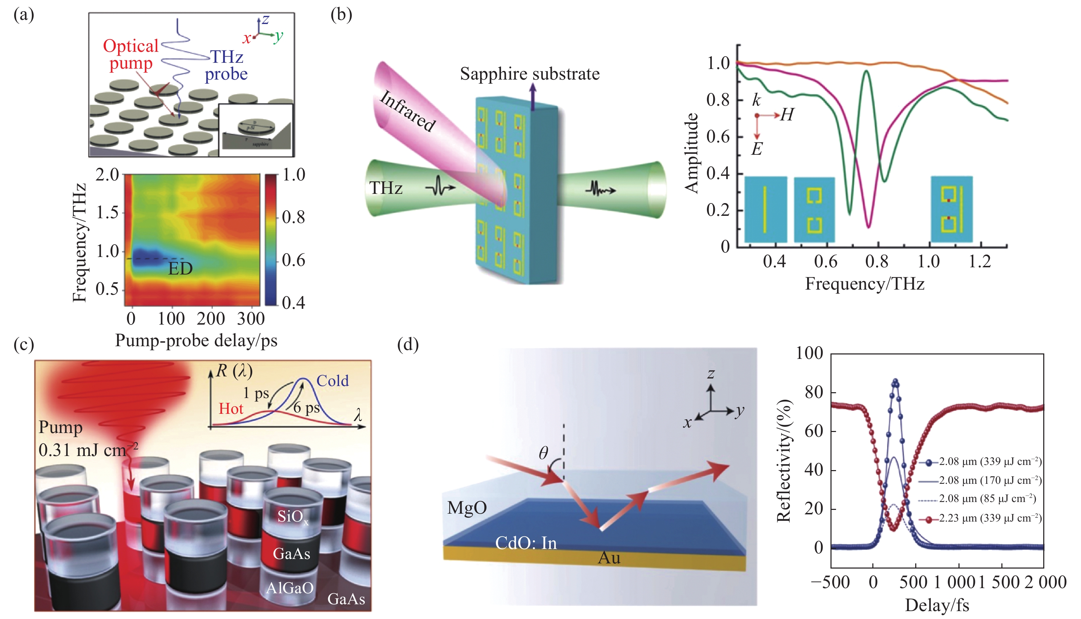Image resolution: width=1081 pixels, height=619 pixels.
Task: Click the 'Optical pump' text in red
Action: coord(130,55)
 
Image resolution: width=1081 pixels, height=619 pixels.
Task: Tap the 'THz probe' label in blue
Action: coord(226,65)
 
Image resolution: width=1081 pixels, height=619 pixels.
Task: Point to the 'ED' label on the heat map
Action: coord(180,269)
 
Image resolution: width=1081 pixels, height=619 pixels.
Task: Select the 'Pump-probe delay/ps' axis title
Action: coord(196,340)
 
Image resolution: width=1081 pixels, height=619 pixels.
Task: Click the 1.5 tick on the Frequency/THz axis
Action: coord(107,212)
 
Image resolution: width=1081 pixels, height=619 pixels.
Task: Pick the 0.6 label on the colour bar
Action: coord(293,260)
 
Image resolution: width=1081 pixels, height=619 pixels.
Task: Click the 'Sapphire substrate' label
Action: coord(530,74)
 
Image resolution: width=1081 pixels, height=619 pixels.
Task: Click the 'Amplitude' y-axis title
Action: coord(691,153)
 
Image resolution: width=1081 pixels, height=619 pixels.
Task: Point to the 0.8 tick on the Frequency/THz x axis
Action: coord(876,261)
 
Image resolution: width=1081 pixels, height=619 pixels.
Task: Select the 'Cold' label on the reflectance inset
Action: coord(333,381)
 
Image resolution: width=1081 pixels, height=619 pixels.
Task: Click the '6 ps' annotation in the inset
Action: coord(306,408)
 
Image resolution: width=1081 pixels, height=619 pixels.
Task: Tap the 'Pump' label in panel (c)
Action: coord(60,427)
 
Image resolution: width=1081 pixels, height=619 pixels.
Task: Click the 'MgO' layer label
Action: coord(467,507)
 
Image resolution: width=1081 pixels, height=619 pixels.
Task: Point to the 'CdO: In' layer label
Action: coord(526,543)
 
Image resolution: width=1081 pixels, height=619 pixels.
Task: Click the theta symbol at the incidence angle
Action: coord(543,453)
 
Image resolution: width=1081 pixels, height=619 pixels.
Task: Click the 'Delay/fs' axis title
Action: coord(937,605)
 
